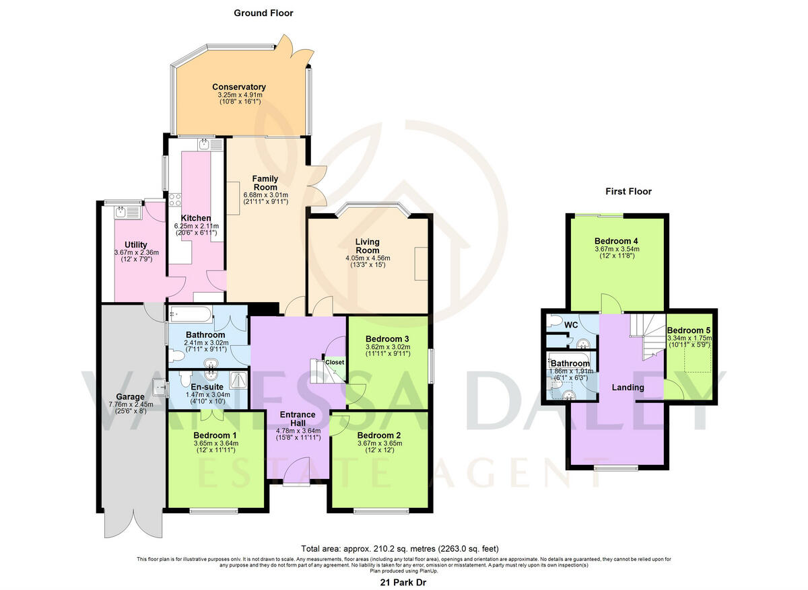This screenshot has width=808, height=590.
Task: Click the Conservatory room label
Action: click(x=238, y=87)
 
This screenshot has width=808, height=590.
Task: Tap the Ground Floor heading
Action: click(x=263, y=13)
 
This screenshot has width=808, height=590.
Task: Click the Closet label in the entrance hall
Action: click(x=335, y=362)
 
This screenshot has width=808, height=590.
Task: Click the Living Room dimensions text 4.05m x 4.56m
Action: click(x=368, y=258)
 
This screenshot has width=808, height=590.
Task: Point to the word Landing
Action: click(x=628, y=388)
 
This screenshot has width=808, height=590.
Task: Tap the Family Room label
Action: click(x=265, y=183)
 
